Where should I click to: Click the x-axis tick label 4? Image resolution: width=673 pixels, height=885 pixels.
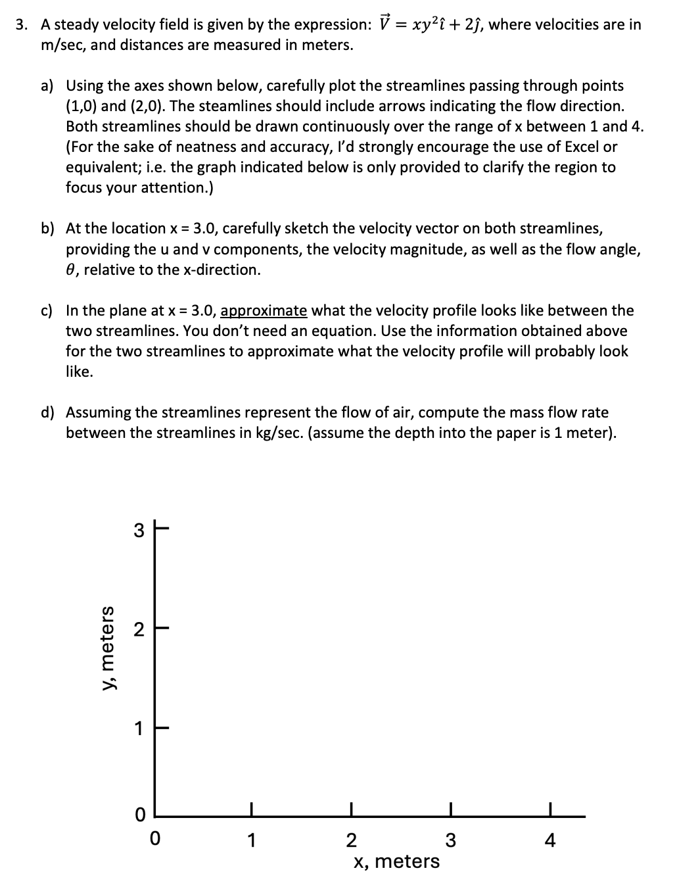tap(550, 840)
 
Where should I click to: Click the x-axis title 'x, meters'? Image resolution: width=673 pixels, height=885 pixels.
tap(396, 861)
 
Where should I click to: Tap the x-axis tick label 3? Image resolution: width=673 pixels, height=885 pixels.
tap(450, 840)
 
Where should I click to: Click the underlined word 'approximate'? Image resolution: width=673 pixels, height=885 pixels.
tap(264, 310)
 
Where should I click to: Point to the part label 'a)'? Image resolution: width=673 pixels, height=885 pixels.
tap(48, 85)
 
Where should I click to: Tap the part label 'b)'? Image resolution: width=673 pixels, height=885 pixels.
tap(48, 228)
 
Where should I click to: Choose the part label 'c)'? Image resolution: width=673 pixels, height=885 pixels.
tap(48, 310)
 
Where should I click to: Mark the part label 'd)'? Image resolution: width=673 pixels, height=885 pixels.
tap(48, 412)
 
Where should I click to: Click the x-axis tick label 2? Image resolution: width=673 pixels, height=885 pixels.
tap(350, 840)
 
